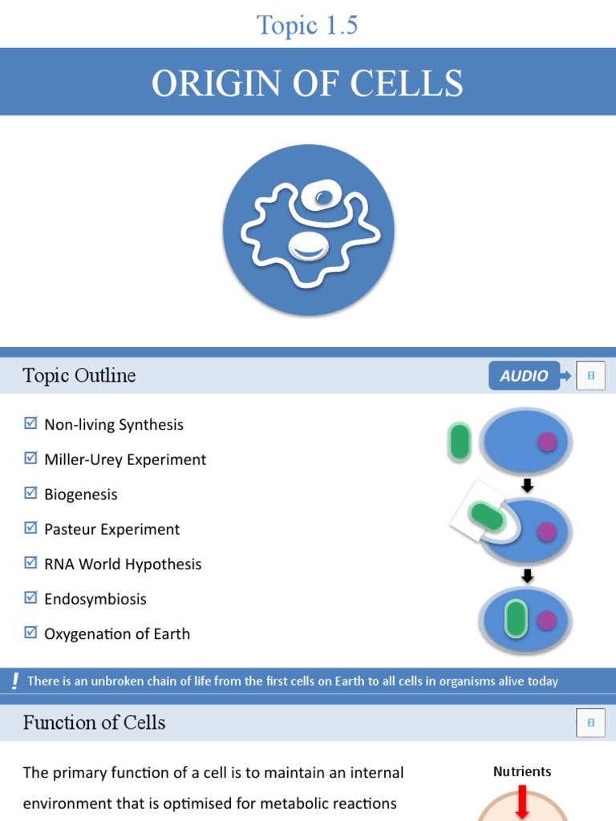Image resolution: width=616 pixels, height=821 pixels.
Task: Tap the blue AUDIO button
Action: [524, 375]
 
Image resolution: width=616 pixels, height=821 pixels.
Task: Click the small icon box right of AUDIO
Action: [590, 375]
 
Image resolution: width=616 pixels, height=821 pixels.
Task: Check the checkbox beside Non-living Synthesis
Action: [31, 423]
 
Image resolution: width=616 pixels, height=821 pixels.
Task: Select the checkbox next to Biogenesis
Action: [31, 493]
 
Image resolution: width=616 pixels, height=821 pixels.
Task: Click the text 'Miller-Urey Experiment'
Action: [125, 459]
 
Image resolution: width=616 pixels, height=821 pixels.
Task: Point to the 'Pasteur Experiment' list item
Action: [111, 529]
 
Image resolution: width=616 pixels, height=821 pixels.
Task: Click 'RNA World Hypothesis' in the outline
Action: [123, 564]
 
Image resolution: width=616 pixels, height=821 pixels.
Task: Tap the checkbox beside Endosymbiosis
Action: [31, 597]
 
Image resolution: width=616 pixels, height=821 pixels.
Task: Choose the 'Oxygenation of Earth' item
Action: [117, 633]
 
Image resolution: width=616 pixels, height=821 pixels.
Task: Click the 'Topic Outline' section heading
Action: [79, 375]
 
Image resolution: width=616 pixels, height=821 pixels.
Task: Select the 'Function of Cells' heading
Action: [94, 722]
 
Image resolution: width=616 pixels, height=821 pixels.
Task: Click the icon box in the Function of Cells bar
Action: [590, 722]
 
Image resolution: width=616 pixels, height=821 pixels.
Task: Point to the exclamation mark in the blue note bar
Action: [15, 681]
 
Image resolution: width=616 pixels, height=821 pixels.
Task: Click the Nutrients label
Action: [522, 771]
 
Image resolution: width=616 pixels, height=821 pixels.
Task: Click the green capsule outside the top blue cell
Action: [460, 442]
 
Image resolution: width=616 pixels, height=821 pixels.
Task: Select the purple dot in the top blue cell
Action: [547, 442]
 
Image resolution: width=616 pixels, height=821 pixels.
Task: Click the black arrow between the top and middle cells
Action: [527, 486]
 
